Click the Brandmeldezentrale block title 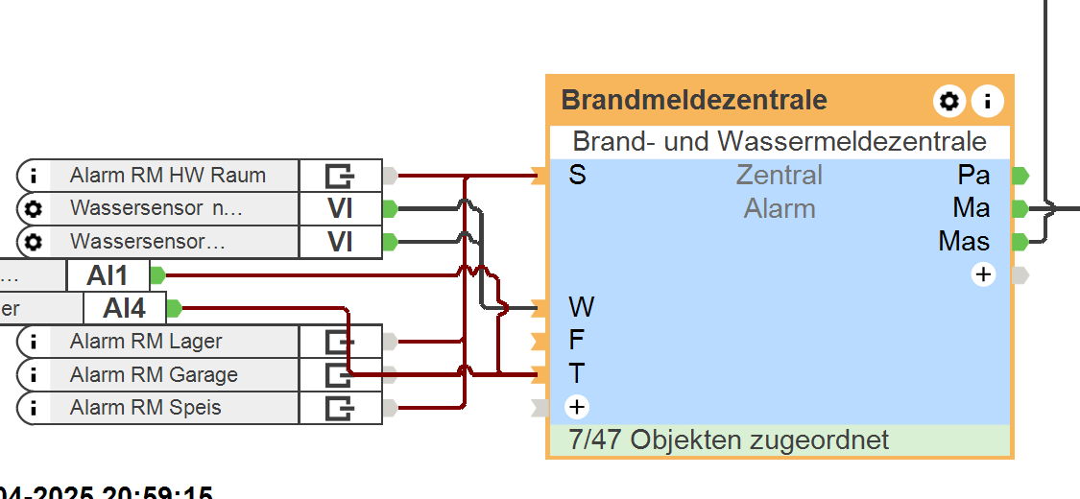click(x=693, y=100)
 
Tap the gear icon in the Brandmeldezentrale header click(x=948, y=101)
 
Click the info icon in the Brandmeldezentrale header click(x=987, y=101)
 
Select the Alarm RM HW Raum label click(x=167, y=176)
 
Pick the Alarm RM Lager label click(x=145, y=341)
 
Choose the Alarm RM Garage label click(x=154, y=374)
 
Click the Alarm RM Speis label click(x=145, y=407)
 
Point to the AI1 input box click(x=108, y=275)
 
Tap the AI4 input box click(x=125, y=308)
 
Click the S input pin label click(x=577, y=176)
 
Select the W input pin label click(x=581, y=307)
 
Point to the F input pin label click(x=577, y=340)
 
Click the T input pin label click(x=577, y=373)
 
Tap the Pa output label click(x=973, y=176)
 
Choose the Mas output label click(x=964, y=241)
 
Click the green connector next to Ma click(x=1020, y=208)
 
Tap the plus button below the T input click(x=576, y=407)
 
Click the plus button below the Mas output click(x=983, y=274)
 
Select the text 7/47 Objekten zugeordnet click(x=729, y=440)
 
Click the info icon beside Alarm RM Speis click(x=34, y=408)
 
